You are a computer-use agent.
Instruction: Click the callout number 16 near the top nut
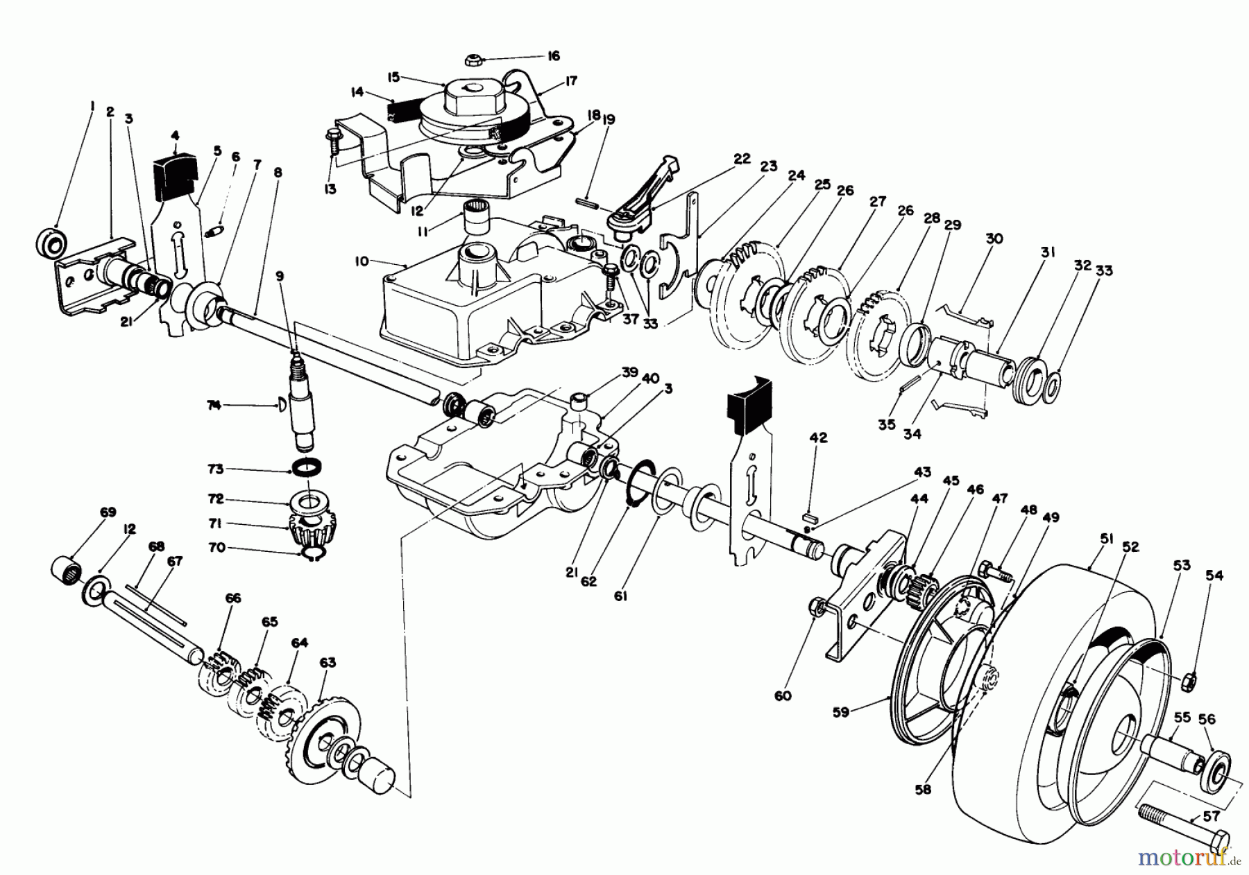point(552,55)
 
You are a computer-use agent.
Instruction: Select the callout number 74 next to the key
point(213,405)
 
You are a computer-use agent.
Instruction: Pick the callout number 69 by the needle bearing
point(108,512)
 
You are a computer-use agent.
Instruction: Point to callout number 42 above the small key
point(819,437)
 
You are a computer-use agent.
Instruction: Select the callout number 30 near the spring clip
point(994,239)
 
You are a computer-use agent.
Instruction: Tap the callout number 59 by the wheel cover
point(840,712)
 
